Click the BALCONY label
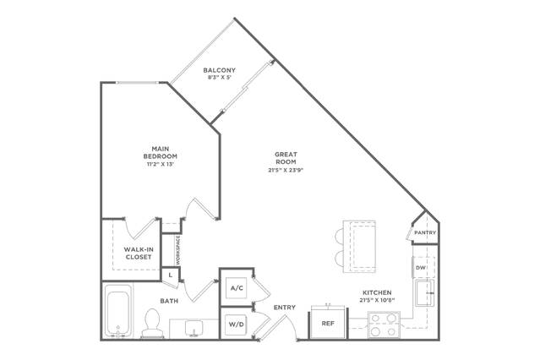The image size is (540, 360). coord(220,70)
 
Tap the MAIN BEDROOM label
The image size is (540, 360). coord(161,153)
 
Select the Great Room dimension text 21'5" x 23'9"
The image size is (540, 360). coord(286,170)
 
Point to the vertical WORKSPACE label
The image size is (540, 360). coord(178,250)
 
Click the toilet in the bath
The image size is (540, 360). coord(152,323)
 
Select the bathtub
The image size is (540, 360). coord(117,310)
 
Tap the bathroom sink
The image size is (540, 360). coord(194,328)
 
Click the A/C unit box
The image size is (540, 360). coord(237,288)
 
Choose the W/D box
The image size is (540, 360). coord(237,325)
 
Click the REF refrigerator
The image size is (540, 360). coord(328,323)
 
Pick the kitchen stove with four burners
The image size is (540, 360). coord(384,325)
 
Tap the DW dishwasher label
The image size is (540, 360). coord(421,268)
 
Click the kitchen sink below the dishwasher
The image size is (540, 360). coord(424,293)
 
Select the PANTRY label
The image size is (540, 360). coord(425,233)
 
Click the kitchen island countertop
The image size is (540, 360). coord(359,247)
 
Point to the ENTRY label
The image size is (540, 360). coord(285,308)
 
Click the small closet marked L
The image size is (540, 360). coord(170,275)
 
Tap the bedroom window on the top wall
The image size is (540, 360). coord(137,83)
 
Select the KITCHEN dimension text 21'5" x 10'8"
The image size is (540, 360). coord(377,300)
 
